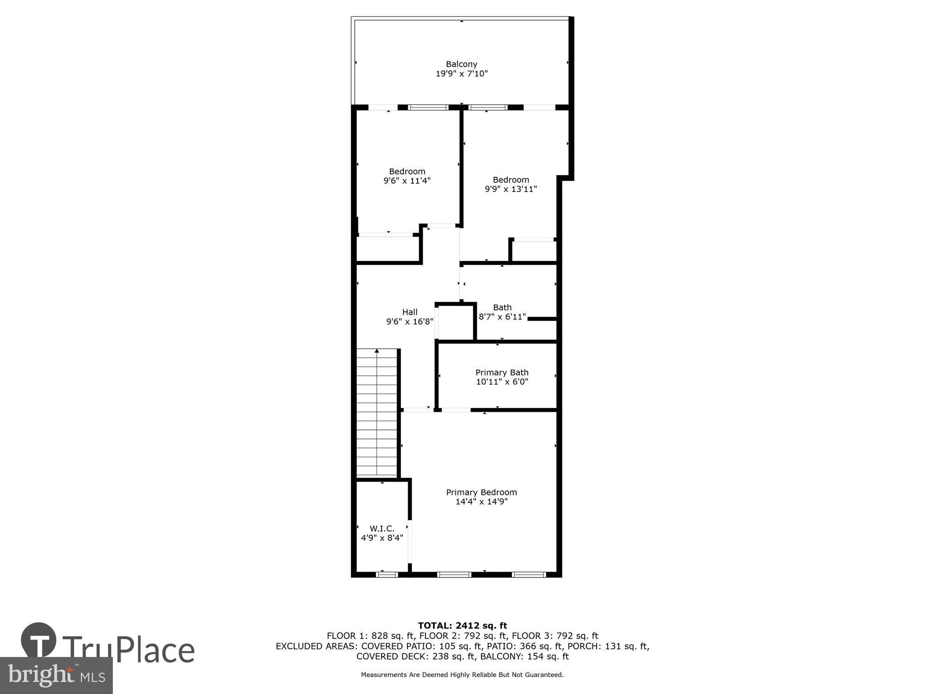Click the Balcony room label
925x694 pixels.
tap(461, 64)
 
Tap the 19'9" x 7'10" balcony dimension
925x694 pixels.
tap(461, 74)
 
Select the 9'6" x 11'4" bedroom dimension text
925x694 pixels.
tap(407, 181)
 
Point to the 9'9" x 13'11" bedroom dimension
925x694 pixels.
tap(511, 189)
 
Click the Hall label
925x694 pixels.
tap(410, 312)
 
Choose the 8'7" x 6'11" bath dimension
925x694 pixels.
tap(502, 317)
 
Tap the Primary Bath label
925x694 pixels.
tap(502, 372)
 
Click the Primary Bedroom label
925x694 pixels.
tap(481, 492)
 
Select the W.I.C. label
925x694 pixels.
tap(382, 528)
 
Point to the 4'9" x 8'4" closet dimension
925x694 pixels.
tap(382, 538)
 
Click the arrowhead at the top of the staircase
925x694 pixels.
tap(377, 351)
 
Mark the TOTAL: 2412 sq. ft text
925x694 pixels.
tap(462, 626)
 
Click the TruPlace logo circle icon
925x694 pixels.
tap(38, 640)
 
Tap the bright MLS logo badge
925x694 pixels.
tap(56, 675)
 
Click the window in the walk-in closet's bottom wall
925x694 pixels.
tap(387, 575)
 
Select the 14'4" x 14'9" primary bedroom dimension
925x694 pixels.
tap(481, 502)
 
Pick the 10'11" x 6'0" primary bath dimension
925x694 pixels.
tap(502, 382)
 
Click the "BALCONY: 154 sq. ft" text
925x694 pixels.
tap(524, 657)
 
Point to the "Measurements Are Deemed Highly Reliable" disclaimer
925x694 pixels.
tap(462, 675)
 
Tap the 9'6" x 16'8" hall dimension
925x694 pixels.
tap(410, 322)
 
